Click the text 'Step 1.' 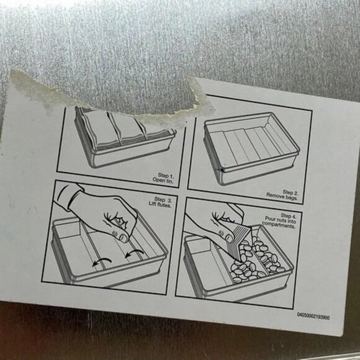tap(166, 176)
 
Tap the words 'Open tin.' tap(163, 181)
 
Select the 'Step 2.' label tap(290, 192)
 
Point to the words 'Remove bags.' tap(282, 197)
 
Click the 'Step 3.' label tap(163, 199)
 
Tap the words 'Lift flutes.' tap(160, 204)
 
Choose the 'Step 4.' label tap(289, 215)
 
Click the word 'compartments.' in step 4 tap(279, 225)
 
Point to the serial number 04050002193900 tap(313, 315)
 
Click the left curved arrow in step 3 tap(102, 261)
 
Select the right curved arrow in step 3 tap(135, 252)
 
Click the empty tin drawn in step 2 tap(251, 148)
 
